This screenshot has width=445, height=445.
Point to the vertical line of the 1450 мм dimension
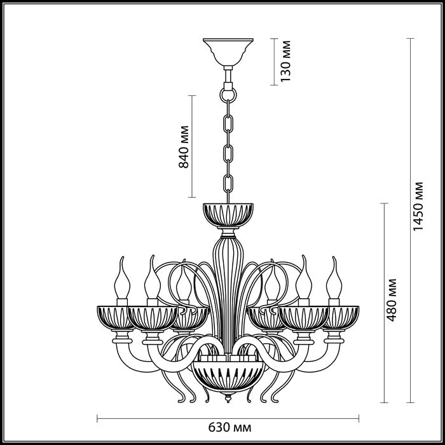click(x=410, y=222)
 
